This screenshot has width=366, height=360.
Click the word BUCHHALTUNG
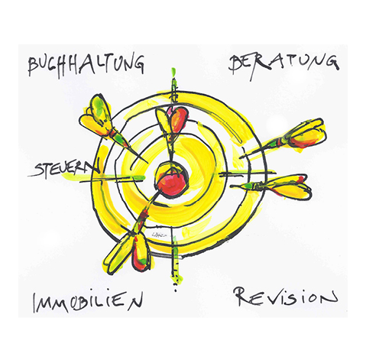86,64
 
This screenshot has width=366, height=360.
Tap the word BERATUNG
283,65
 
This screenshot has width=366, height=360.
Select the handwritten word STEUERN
63,169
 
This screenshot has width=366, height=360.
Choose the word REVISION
286,297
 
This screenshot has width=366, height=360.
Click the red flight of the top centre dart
179,119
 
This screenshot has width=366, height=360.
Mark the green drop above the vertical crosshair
173,72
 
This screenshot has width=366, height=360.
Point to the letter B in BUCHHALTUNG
33,66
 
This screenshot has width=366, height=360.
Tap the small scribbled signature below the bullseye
157,234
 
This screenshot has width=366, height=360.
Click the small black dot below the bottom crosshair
175,290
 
